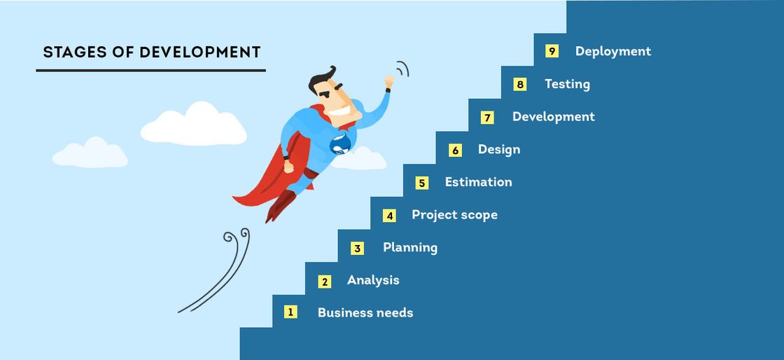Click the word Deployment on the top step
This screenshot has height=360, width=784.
click(x=613, y=52)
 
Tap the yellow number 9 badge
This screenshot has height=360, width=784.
click(x=552, y=51)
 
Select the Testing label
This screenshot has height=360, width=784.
click(x=567, y=84)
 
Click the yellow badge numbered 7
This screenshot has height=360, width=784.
click(x=487, y=118)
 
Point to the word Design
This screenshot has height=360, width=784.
click(x=499, y=149)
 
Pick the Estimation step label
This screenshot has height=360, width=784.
click(x=479, y=182)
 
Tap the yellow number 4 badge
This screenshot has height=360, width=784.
click(x=389, y=216)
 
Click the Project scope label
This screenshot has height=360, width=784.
click(x=454, y=215)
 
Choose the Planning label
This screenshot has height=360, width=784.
click(x=410, y=247)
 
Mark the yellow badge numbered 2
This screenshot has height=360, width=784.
click(x=325, y=282)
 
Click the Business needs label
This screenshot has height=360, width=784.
click(x=365, y=313)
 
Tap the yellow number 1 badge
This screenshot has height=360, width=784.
click(x=290, y=312)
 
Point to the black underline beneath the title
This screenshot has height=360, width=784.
click(x=150, y=71)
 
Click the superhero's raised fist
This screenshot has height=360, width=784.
click(x=389, y=81)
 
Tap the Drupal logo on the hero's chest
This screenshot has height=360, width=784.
click(x=340, y=144)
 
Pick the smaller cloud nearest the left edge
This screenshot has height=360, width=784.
click(x=90, y=153)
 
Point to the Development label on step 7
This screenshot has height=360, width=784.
click(x=554, y=117)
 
